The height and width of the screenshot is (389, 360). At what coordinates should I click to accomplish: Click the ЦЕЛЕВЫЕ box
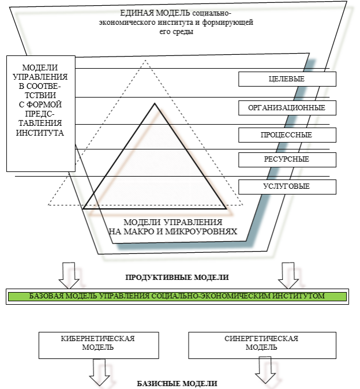coord(287,79)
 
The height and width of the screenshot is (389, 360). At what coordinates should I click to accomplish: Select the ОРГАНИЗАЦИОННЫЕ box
coord(287,108)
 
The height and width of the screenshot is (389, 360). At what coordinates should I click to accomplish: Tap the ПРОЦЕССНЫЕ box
coord(287,135)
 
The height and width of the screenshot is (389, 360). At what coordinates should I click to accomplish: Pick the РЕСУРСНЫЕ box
coord(287,159)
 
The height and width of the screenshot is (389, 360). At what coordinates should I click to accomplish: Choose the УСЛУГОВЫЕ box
coord(287,187)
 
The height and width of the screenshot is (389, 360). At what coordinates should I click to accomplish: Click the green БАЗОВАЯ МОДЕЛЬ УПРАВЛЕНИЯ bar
coord(177,297)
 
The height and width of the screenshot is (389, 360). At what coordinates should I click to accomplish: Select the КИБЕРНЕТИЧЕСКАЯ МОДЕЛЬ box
coord(99,345)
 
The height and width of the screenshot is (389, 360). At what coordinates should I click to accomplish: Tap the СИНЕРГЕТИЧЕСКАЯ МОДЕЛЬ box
coord(262,345)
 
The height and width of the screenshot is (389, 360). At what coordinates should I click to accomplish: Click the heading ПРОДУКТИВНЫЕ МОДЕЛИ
coord(177,277)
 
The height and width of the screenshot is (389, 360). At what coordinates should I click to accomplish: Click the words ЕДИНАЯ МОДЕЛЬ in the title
coord(155,13)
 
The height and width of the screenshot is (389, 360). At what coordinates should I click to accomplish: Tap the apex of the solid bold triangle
coord(155,103)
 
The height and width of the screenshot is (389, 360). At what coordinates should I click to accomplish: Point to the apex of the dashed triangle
coord(145,60)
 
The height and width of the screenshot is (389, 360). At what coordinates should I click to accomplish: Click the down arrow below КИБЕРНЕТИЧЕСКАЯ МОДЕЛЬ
coord(99,372)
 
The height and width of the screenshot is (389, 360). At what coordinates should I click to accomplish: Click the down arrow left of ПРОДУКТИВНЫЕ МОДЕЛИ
coord(69,276)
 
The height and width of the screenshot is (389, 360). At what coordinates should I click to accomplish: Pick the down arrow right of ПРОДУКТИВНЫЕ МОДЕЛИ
coord(288,276)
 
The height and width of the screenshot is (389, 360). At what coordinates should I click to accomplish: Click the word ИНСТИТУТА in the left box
coord(40,133)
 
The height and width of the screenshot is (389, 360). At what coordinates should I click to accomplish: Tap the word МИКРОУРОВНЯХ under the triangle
coord(201,231)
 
